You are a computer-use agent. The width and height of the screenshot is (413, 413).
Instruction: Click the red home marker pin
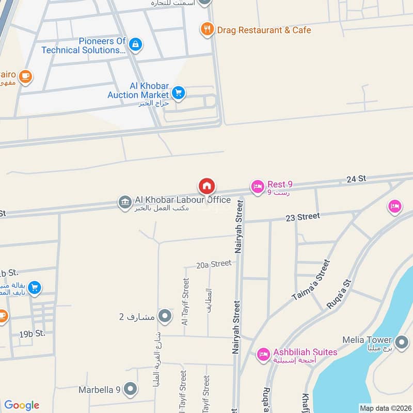point(206,186)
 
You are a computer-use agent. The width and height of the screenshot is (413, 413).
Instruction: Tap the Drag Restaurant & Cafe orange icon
point(207,29)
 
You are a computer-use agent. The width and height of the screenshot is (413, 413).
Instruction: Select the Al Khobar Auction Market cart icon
point(178,93)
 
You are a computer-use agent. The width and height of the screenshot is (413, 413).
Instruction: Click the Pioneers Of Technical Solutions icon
point(135,44)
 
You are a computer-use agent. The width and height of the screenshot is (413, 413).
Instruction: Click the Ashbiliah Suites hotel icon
point(263,354)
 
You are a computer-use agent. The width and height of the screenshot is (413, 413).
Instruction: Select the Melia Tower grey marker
point(401,341)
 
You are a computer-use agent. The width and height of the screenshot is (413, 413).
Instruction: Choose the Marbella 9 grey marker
point(131,389)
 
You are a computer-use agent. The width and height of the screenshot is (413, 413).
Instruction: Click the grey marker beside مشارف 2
point(165,315)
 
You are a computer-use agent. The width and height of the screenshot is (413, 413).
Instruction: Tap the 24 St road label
point(356,179)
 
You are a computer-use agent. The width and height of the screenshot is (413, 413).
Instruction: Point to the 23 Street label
point(303,217)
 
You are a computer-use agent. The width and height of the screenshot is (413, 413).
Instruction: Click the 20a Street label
point(214,264)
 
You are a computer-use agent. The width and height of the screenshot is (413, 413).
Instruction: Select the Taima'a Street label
point(310,281)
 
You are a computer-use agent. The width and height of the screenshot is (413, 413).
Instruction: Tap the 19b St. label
point(33,333)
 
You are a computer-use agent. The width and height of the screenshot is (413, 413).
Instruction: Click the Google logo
point(22,405)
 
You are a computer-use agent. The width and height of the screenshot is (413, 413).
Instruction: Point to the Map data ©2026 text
point(385,408)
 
